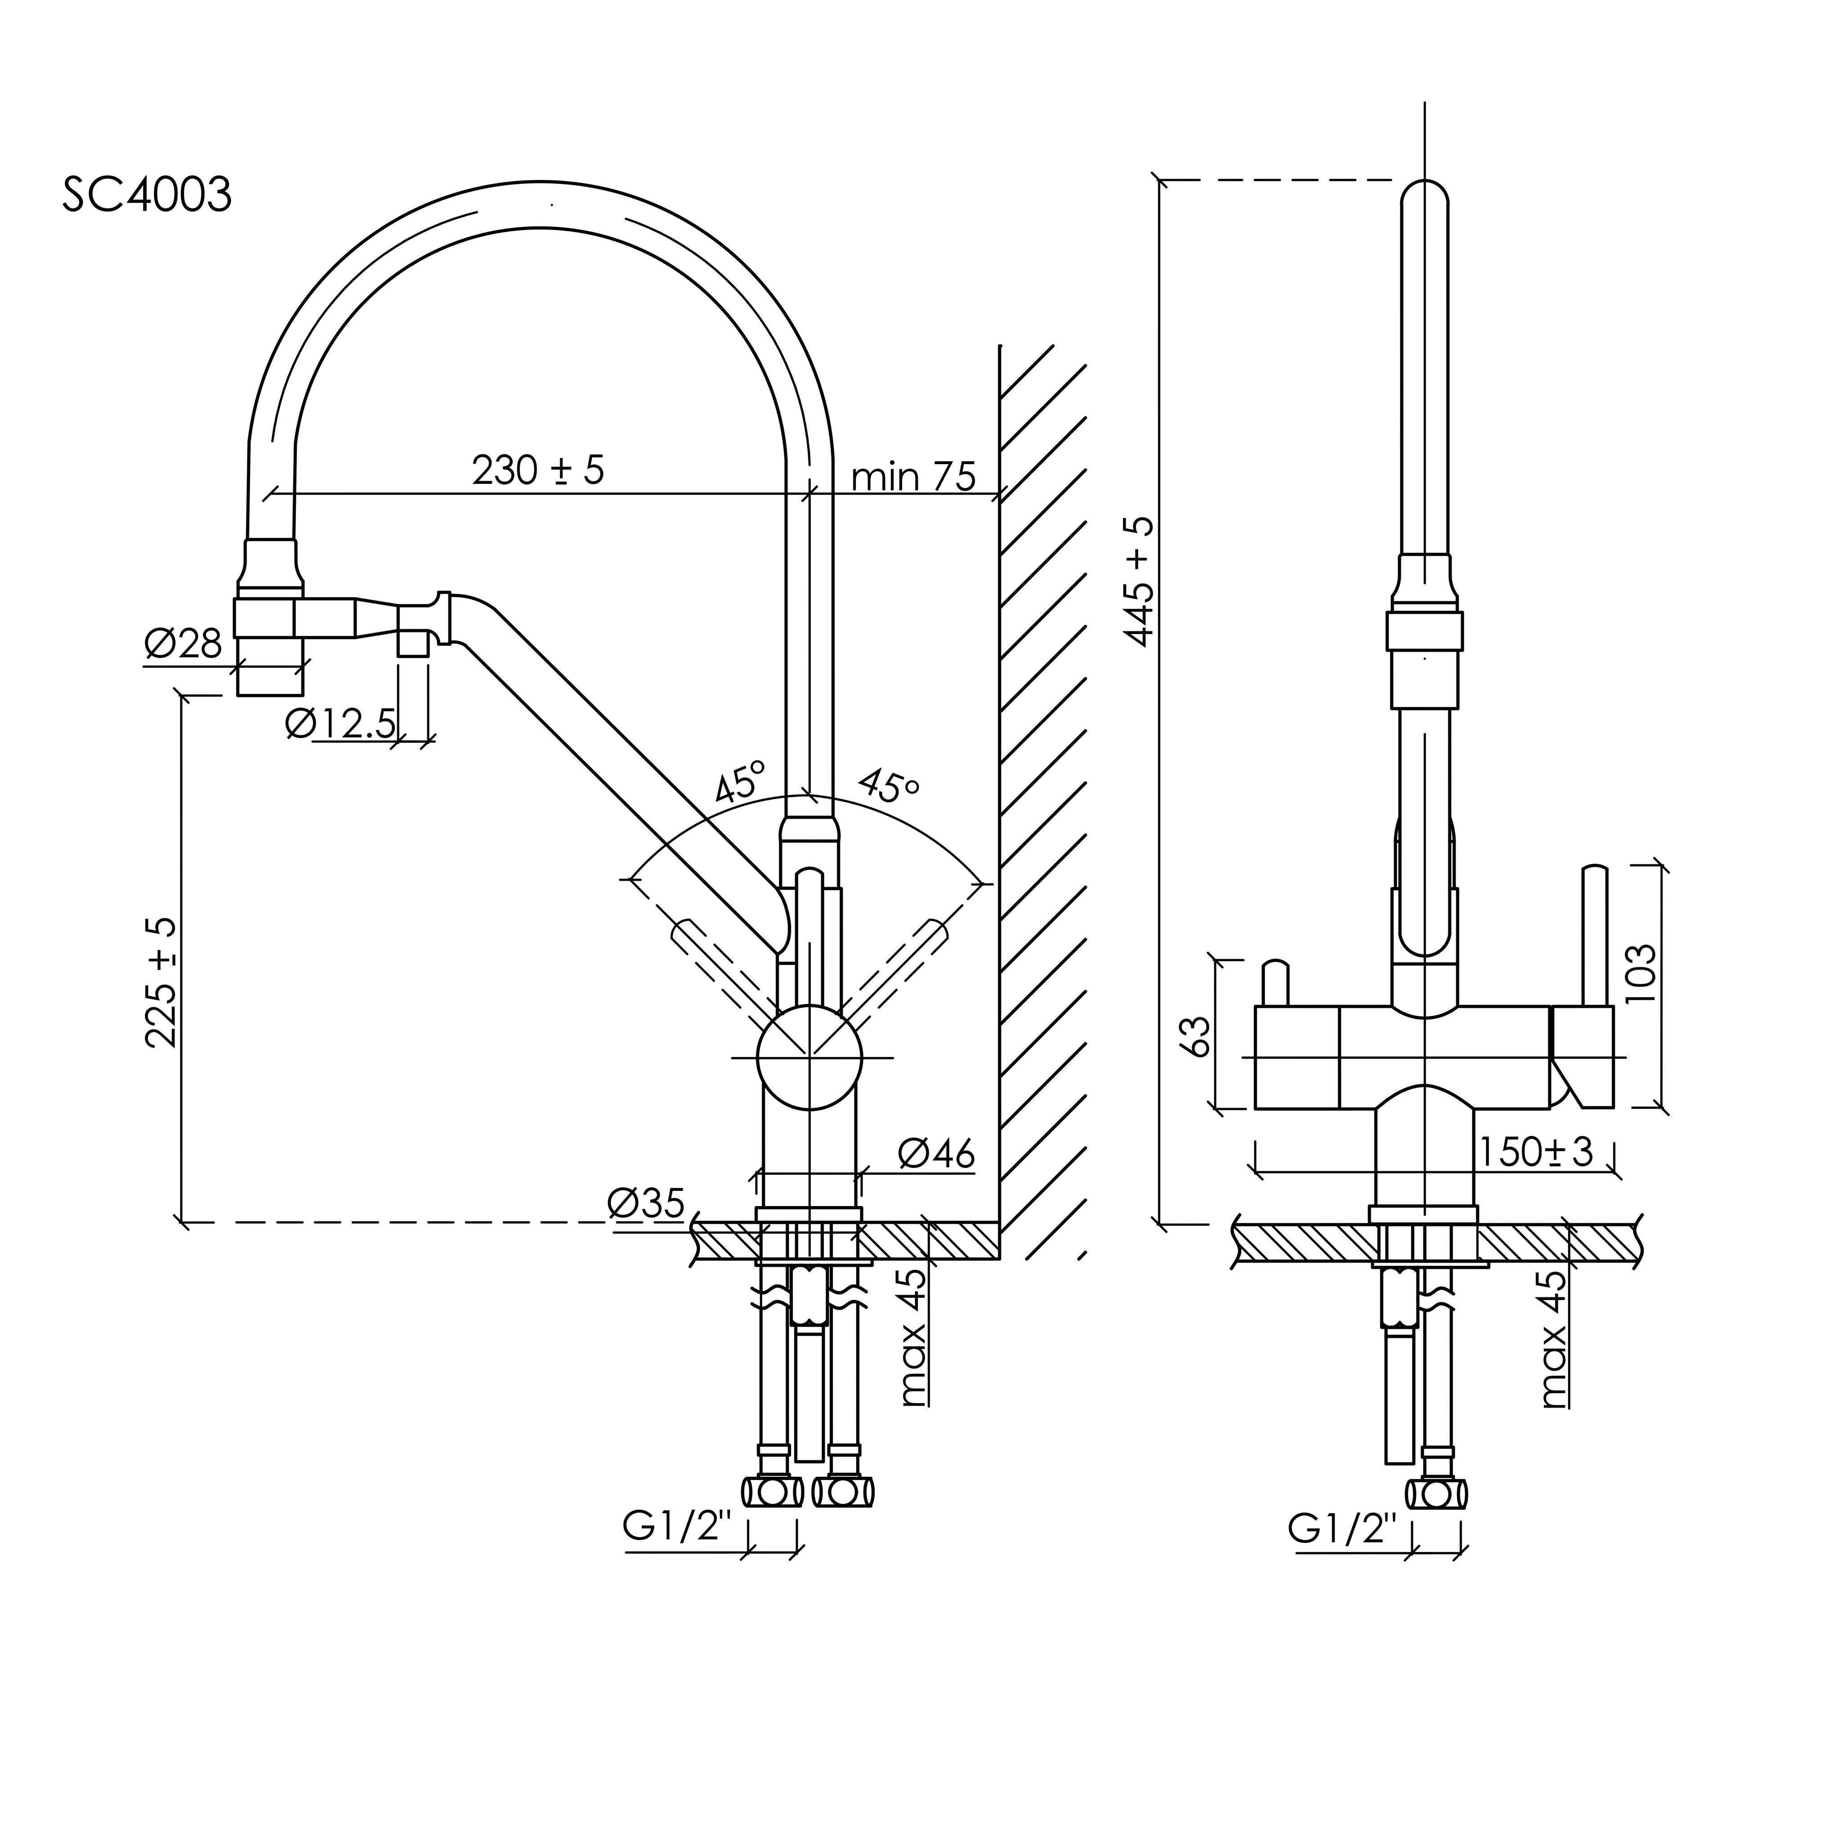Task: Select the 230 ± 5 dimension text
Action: pos(539,470)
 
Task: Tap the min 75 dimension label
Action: pos(913,477)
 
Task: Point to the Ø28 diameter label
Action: pos(183,644)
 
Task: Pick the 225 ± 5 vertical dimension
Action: pos(162,982)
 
